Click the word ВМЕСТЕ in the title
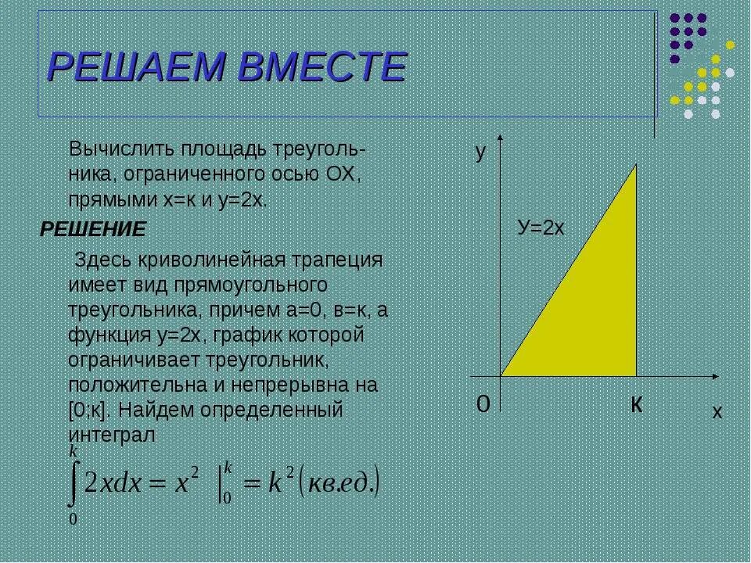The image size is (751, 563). point(321,67)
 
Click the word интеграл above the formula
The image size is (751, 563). point(113,435)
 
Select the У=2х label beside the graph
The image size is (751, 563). point(541,228)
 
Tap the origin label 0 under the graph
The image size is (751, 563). point(483,403)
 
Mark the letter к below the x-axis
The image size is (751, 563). point(638,403)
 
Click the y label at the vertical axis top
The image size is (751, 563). point(481,153)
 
